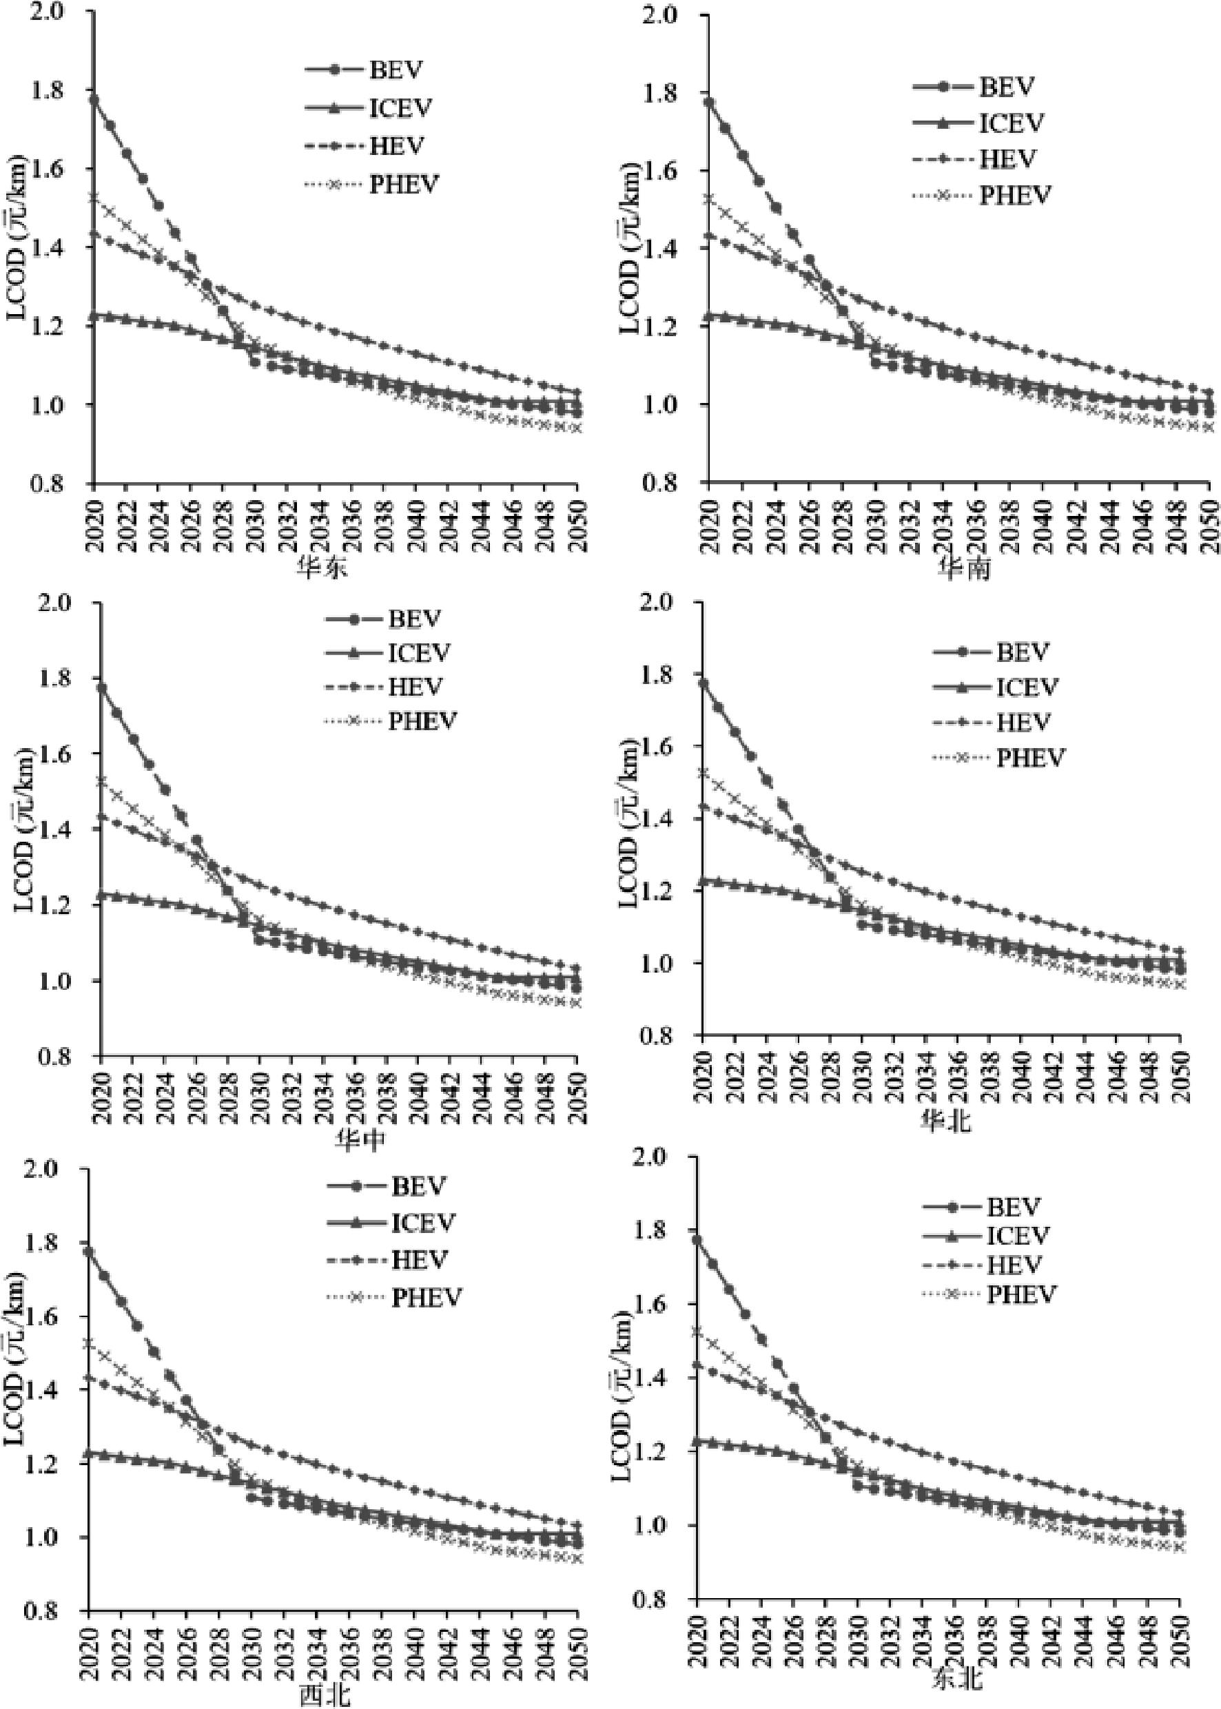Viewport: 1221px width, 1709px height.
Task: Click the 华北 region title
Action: (x=945, y=1121)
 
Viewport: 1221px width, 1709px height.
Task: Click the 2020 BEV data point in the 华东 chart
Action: (x=93, y=99)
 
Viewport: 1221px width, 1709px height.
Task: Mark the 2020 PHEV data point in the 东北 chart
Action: (x=696, y=1331)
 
